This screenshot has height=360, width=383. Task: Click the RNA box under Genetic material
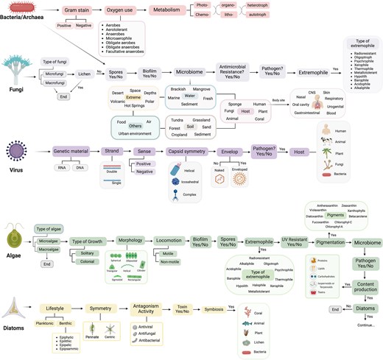pyautogui.click(x=62, y=168)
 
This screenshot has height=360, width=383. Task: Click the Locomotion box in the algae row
pyautogui.click(x=169, y=241)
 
